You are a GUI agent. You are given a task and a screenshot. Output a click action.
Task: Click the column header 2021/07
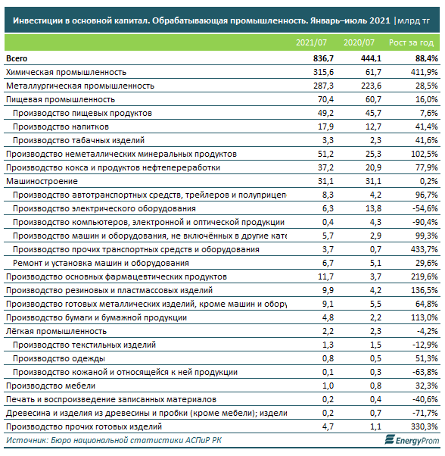point(311,42)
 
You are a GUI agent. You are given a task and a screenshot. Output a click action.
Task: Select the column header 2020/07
point(359,42)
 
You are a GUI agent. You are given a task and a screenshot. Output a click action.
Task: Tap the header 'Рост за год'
point(411,42)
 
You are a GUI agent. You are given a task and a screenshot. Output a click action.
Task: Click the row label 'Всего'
point(17,58)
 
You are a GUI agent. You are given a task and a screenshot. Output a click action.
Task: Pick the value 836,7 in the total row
point(323,58)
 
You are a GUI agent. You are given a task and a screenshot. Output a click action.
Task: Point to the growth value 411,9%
point(424,72)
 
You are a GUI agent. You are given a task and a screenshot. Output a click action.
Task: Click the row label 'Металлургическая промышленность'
point(80,86)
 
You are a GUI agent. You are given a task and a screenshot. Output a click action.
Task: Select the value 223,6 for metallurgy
point(372,86)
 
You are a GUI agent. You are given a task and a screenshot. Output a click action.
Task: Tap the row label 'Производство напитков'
point(61,126)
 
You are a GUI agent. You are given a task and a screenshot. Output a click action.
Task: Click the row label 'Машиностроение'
point(42,181)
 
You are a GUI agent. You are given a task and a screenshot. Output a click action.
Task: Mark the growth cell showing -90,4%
point(425,222)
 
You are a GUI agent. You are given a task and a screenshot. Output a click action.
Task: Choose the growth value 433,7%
point(424,249)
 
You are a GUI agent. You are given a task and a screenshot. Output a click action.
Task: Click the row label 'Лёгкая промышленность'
point(56,331)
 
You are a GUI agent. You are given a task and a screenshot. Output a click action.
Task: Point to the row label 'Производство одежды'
point(59,358)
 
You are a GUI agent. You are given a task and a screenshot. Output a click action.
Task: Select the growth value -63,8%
point(425,372)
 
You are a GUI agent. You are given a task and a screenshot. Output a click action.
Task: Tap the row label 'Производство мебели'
point(51,386)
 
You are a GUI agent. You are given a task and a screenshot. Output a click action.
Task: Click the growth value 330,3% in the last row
point(424,426)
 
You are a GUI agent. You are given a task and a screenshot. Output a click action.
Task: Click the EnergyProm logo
point(412,440)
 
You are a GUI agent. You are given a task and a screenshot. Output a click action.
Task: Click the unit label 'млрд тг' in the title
point(413,21)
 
